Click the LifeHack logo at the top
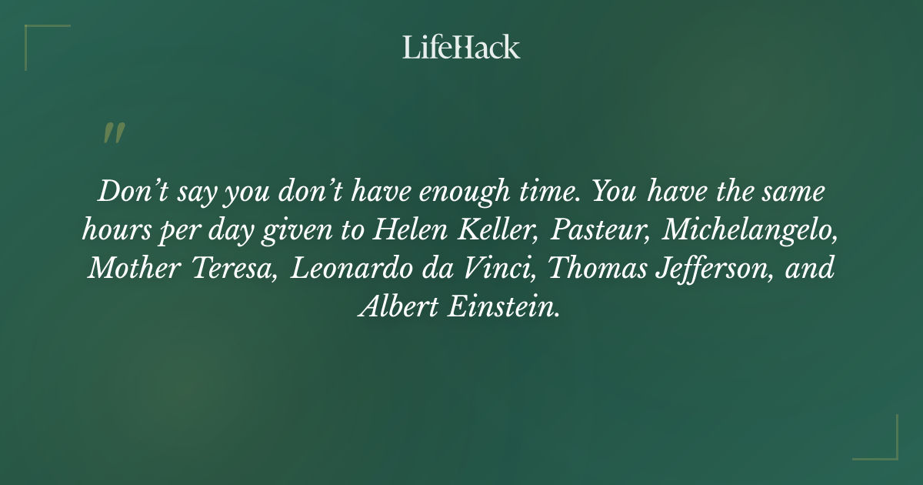tap(461, 47)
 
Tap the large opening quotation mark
tap(113, 133)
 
